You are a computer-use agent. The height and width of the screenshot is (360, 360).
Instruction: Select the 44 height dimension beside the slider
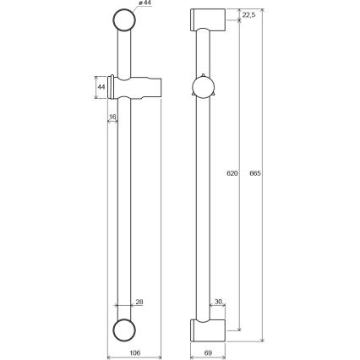tap(101, 86)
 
